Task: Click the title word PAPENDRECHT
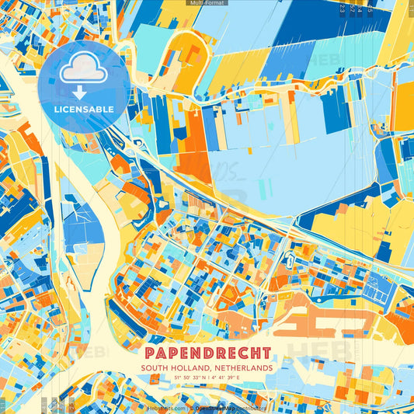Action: click(x=206, y=353)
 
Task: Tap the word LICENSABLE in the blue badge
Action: click(x=84, y=109)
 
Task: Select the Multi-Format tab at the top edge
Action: click(x=206, y=3)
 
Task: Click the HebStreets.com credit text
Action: click(x=165, y=407)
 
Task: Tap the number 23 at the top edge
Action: click(x=343, y=8)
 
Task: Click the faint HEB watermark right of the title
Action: click(x=315, y=351)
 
